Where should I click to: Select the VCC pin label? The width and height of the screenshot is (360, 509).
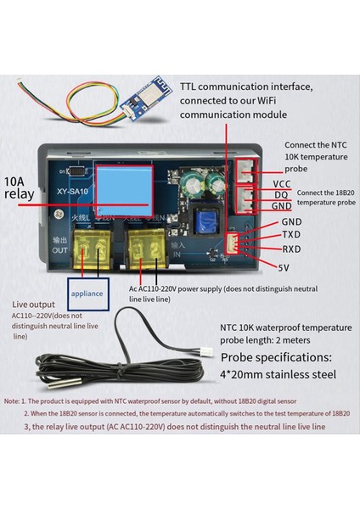[x=282, y=183]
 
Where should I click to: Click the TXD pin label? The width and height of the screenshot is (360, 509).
[x=291, y=235]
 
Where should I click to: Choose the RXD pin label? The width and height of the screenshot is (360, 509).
[x=291, y=250]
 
